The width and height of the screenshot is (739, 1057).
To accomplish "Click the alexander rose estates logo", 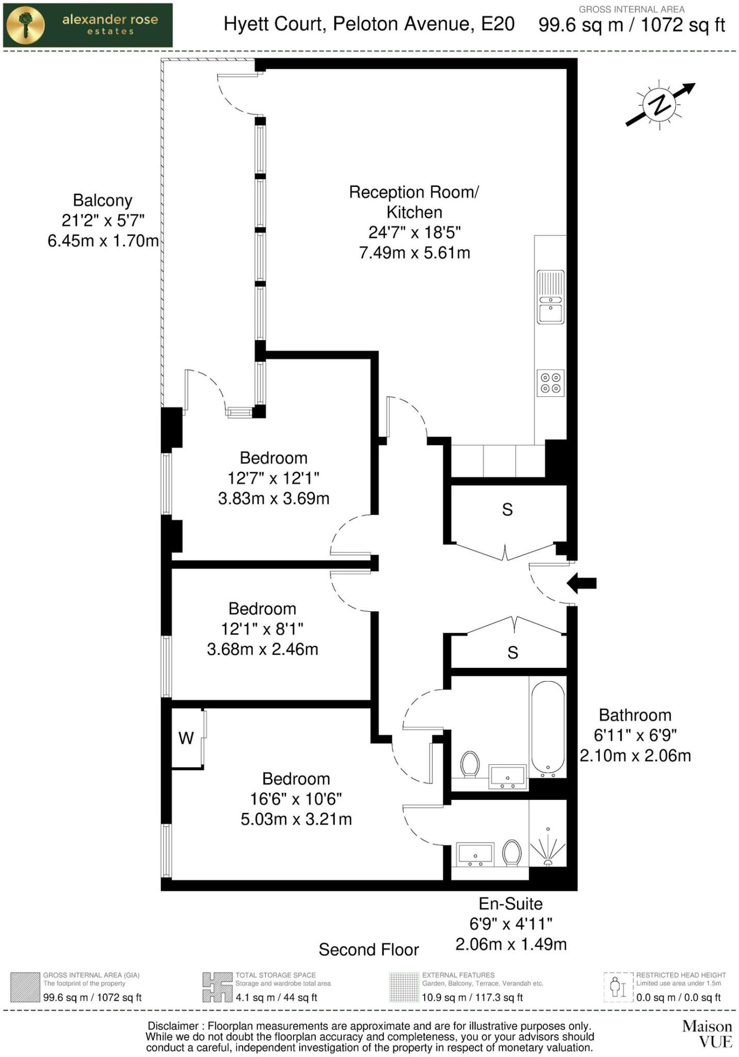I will pyautogui.click(x=88, y=25).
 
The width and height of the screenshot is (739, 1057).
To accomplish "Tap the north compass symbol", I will pyautogui.click(x=659, y=105).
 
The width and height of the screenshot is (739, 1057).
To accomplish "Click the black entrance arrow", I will pyautogui.click(x=582, y=584).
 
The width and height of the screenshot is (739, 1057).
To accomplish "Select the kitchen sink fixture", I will pyautogui.click(x=551, y=297).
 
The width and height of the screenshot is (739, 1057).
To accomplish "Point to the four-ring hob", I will pyautogui.click(x=551, y=383).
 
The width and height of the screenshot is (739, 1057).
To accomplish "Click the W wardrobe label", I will pyautogui.click(x=186, y=738).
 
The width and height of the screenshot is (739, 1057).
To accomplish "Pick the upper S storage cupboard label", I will pyautogui.click(x=507, y=510).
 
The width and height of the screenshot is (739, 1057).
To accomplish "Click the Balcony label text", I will pyautogui.click(x=102, y=200).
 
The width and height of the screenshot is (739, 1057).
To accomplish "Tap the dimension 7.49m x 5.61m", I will pyautogui.click(x=414, y=253).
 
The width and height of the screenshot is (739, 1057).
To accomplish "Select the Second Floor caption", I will pyautogui.click(x=368, y=950).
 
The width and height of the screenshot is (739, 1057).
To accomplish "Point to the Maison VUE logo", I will pyautogui.click(x=707, y=1034).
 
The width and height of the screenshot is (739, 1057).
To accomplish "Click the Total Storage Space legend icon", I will pyautogui.click(x=217, y=987).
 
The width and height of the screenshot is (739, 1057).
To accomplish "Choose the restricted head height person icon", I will pyautogui.click(x=618, y=987).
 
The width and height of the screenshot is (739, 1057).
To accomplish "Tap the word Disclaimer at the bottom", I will pyautogui.click(x=173, y=1026).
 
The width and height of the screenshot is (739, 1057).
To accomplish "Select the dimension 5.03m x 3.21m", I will pyautogui.click(x=296, y=819).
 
